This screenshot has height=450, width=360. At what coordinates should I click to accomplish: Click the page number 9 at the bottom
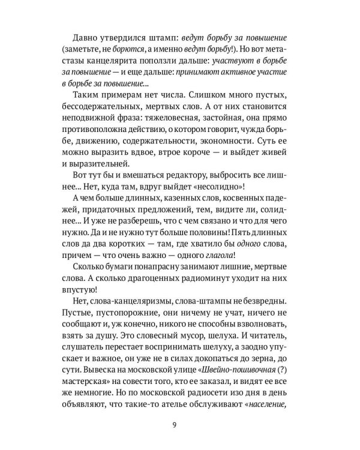180,426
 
